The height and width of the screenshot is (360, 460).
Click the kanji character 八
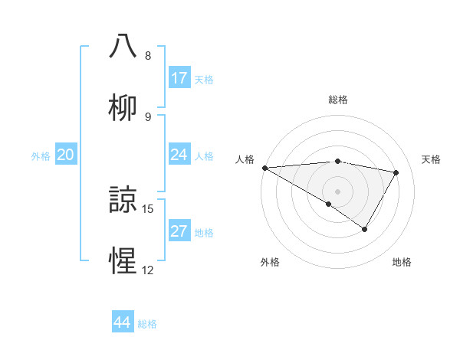(x=123, y=46)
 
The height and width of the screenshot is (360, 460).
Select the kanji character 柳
(x=123, y=107)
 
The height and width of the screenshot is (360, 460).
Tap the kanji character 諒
(x=123, y=201)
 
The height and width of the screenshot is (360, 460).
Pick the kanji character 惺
(x=123, y=262)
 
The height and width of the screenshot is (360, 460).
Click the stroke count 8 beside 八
(x=147, y=56)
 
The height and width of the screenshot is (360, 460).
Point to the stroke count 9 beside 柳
(x=147, y=117)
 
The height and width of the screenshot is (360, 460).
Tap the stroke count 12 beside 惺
(x=148, y=270)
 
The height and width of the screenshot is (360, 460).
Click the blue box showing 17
(x=179, y=78)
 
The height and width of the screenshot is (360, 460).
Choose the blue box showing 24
(x=179, y=155)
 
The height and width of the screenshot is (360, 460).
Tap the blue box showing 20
(x=65, y=155)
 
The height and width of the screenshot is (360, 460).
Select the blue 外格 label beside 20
(x=41, y=156)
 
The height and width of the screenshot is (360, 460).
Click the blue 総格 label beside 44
(x=147, y=324)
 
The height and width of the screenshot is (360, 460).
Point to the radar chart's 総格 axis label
(x=337, y=100)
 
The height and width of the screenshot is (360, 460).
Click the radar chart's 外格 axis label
(x=270, y=262)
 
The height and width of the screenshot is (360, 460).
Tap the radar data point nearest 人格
(x=264, y=168)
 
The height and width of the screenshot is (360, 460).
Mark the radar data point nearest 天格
(x=396, y=173)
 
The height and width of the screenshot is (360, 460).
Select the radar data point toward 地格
(x=365, y=229)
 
